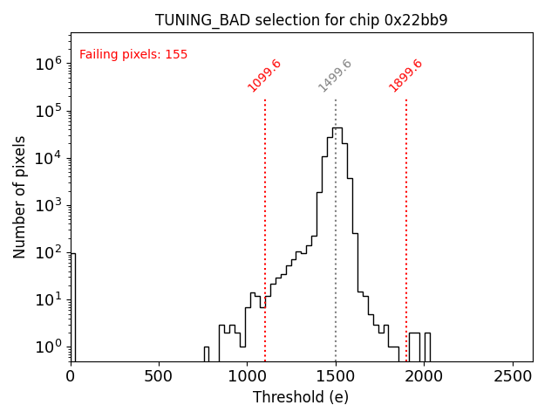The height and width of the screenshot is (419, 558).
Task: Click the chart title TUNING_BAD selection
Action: [x=301, y=20]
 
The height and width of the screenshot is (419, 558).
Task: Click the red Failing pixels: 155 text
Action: [x=133, y=55]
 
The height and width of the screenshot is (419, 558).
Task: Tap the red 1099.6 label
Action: [x=265, y=75]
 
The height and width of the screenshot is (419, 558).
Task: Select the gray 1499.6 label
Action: [x=336, y=75]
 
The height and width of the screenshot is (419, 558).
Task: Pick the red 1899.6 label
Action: [x=406, y=75]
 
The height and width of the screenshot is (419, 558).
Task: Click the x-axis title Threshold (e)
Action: [x=301, y=397]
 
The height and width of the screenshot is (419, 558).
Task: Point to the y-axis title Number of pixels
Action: [x=20, y=196]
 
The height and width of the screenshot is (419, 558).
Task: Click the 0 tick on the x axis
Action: [x=71, y=376]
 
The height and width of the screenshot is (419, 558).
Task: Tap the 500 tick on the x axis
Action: [x=159, y=376]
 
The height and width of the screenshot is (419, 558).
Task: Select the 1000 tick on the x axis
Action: [x=247, y=376]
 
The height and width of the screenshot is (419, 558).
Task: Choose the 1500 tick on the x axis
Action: [x=336, y=376]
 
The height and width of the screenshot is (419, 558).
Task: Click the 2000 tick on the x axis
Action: [x=424, y=376]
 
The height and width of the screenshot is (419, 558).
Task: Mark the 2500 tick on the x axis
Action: [x=512, y=376]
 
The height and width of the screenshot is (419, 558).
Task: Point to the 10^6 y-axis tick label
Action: [x=47, y=64]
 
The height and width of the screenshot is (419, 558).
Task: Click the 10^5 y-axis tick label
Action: [x=47, y=111]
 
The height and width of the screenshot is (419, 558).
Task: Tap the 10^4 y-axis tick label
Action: [x=47, y=158]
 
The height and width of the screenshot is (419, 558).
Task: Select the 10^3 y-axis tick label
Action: [x=47, y=205]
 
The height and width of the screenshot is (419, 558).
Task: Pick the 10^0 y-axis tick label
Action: [x=47, y=347]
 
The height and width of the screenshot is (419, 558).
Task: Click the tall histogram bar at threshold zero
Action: [x=72, y=306]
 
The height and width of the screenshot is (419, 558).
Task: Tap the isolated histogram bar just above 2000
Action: [x=427, y=347]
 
